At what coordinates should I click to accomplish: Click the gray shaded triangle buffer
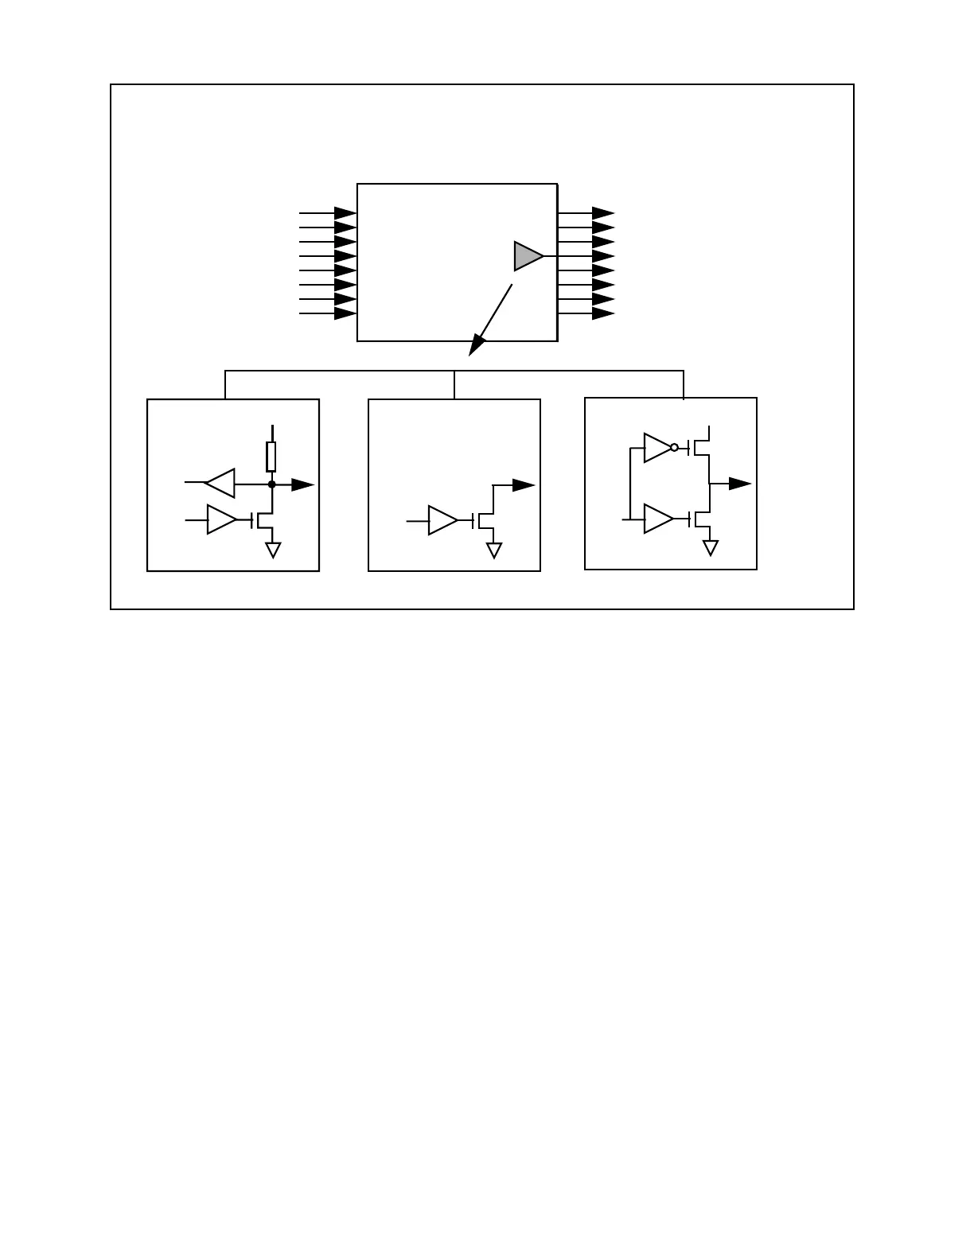tap(527, 256)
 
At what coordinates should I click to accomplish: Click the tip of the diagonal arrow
tap(471, 353)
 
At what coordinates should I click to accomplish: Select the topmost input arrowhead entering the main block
tap(345, 213)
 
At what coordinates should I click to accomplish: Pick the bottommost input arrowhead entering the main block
tap(345, 313)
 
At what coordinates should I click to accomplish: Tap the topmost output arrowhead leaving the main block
tap(602, 213)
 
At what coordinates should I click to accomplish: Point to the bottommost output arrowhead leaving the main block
tap(602, 313)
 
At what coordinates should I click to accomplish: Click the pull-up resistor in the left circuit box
tap(271, 457)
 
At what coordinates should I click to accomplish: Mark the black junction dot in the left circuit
tap(272, 484)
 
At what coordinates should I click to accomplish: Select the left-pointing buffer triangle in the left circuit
tap(220, 483)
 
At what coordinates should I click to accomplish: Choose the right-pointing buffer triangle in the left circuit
tap(221, 519)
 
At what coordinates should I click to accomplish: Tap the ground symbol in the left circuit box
tap(273, 550)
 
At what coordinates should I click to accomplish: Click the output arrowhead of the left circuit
tap(303, 484)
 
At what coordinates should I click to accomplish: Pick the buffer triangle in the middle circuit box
tap(442, 520)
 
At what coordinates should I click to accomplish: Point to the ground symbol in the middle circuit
tap(494, 550)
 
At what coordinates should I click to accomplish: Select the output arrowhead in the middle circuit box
tap(524, 484)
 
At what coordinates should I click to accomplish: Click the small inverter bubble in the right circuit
tap(675, 448)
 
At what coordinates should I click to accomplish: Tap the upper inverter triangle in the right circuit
tap(657, 448)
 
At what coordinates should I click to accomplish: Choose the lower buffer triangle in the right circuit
tap(658, 519)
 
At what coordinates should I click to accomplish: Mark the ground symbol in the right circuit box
tap(711, 548)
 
